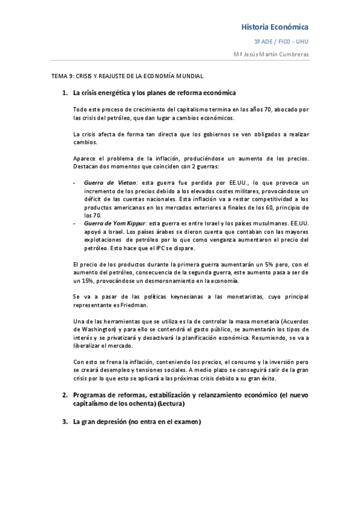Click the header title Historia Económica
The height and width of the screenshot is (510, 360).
point(275,27)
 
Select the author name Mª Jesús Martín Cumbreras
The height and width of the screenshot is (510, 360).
point(272,55)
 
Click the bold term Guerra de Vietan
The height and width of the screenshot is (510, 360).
point(111,182)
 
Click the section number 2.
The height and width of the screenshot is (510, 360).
point(65,395)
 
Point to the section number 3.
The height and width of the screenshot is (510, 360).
point(65,423)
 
